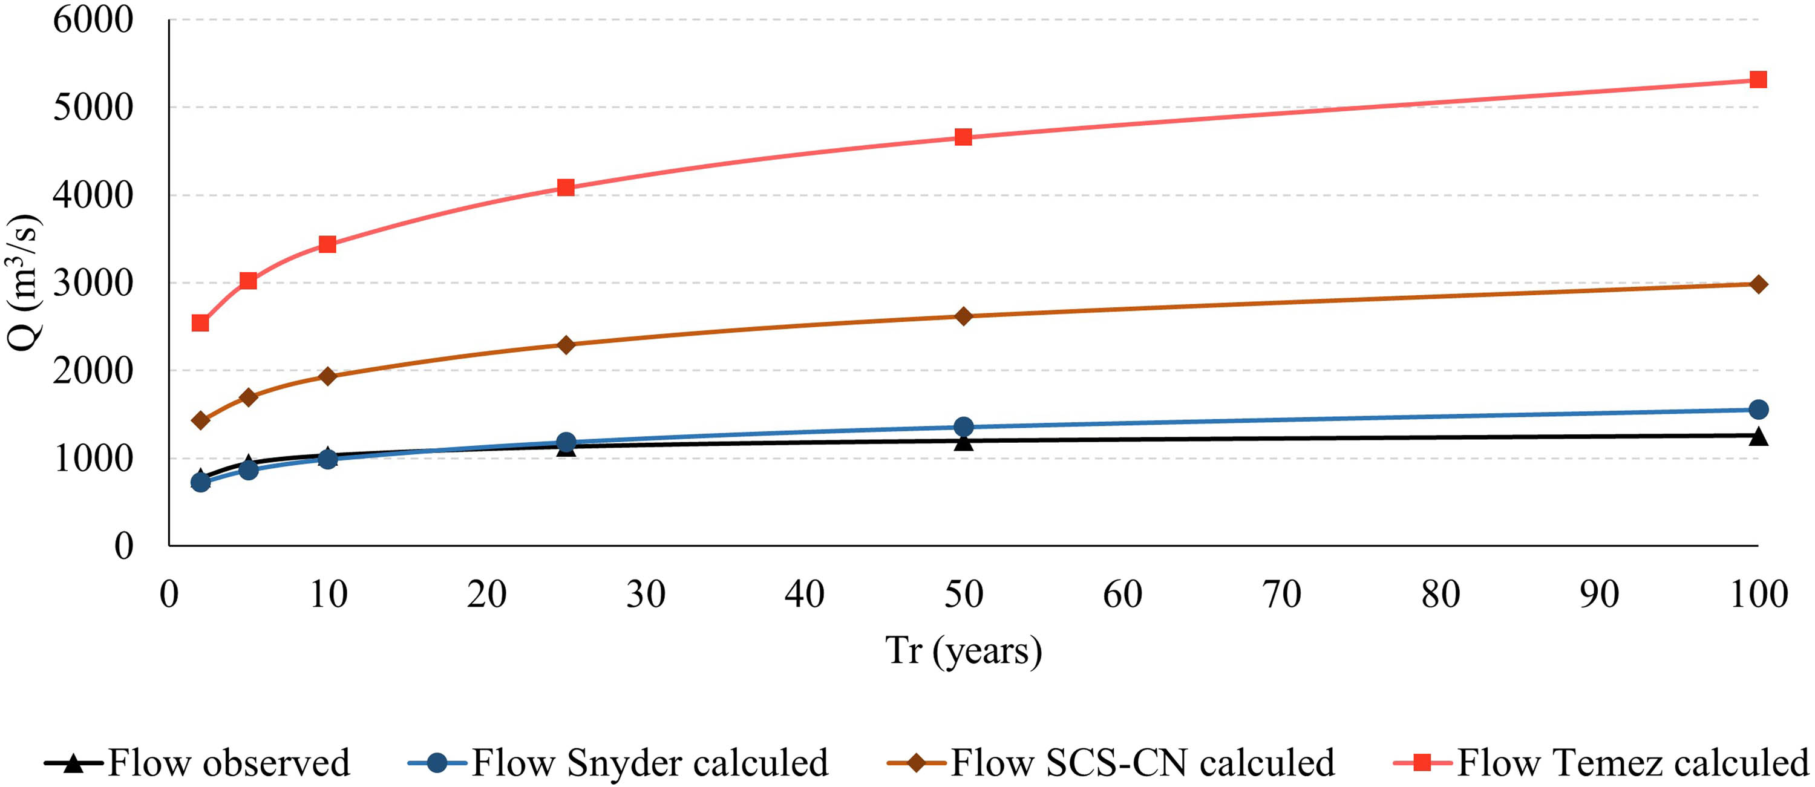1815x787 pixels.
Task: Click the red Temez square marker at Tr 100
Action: pos(1758,80)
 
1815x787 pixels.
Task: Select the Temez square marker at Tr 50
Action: pos(963,137)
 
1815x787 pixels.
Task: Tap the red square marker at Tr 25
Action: pos(566,188)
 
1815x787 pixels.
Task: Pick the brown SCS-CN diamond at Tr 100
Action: pos(1758,284)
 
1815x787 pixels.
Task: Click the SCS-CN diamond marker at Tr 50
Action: pos(963,316)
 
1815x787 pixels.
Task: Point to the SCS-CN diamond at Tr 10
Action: pos(328,376)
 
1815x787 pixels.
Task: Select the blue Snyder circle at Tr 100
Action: pos(1758,410)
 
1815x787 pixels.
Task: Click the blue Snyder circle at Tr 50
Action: pos(963,427)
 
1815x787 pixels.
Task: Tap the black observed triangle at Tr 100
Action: pos(1758,437)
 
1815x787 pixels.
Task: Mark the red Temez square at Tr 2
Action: pos(200,324)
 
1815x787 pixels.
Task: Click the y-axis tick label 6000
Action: pos(93,21)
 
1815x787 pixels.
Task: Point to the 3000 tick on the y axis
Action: pos(93,283)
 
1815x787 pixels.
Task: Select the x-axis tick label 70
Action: pos(1281,594)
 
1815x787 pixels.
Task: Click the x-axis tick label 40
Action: pos(804,594)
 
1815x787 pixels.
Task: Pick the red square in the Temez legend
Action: pos(1422,762)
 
